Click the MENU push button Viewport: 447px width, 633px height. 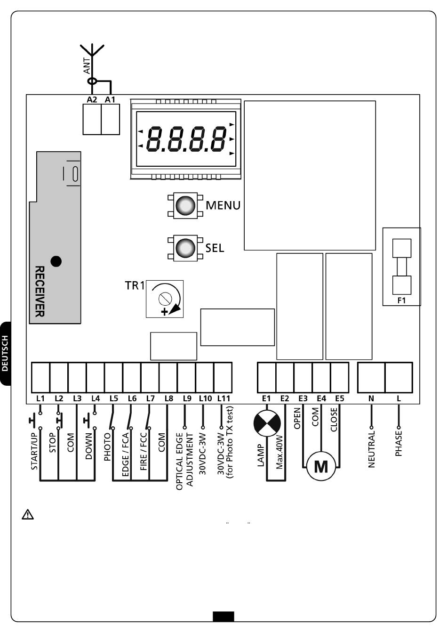point(185,205)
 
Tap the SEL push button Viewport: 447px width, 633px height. point(185,248)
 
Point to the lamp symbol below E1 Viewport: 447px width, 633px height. point(267,423)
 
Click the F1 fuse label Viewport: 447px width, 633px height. point(401,300)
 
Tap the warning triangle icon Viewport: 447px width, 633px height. point(28,515)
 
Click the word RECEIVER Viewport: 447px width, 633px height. point(40,292)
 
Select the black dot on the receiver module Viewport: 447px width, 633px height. point(56,261)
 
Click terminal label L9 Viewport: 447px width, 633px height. point(187,398)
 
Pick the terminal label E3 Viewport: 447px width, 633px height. point(303,398)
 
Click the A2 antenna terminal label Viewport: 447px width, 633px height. point(92,99)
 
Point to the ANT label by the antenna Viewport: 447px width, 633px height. point(87,65)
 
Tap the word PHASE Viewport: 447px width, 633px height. point(399,443)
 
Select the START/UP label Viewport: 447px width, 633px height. point(34,451)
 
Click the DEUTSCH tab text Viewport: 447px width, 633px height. point(5,353)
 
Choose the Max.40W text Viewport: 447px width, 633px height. point(279,453)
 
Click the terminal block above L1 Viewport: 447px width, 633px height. point(40,377)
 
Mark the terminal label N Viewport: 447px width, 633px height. point(371,398)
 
